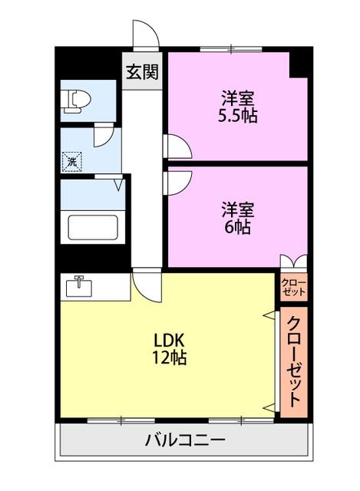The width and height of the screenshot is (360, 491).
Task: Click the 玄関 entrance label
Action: pyautogui.click(x=142, y=72)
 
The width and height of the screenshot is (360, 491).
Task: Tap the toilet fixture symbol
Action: pyautogui.click(x=77, y=101)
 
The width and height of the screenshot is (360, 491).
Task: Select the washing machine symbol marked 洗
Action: pyautogui.click(x=72, y=162)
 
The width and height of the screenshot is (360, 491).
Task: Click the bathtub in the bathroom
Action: pyautogui.click(x=93, y=228)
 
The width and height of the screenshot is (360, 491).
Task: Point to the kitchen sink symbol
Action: pyautogui.click(x=78, y=286)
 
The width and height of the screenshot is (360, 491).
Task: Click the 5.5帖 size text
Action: pyautogui.click(x=237, y=116)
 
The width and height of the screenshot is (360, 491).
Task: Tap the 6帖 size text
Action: pyautogui.click(x=237, y=228)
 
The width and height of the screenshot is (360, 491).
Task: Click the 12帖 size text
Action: pyautogui.click(x=169, y=358)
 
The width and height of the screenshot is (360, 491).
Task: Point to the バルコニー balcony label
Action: pyautogui.click(x=185, y=440)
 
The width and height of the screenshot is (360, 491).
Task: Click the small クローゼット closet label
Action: pyautogui.click(x=293, y=287)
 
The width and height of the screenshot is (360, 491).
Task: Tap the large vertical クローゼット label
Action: pyautogui.click(x=293, y=361)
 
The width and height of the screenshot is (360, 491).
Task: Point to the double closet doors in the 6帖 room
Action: pyautogui.click(x=293, y=262)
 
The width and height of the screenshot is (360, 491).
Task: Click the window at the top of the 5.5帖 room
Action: pyautogui.click(x=231, y=49)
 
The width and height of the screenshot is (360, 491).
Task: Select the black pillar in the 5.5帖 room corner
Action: pyautogui.click(x=299, y=64)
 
